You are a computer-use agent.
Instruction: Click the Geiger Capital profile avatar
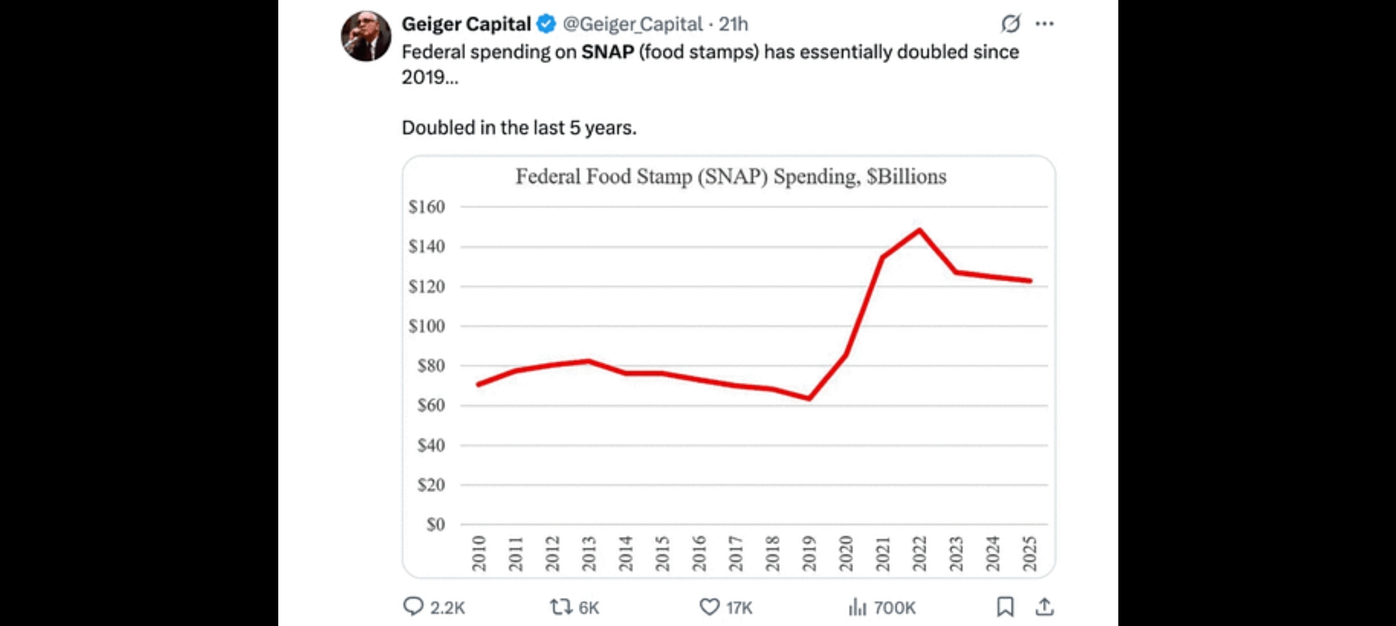coord(366,36)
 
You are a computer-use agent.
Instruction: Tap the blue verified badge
coord(546,24)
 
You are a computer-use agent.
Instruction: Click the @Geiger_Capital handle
coord(632,24)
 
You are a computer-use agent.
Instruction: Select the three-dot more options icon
coord(1044,24)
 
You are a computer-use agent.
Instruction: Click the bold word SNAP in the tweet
coord(608,52)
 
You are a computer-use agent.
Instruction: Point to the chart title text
coord(730,176)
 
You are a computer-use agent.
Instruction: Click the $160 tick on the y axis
coord(427,207)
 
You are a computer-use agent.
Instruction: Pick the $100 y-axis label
coord(427,326)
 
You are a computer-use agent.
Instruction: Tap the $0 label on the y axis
coord(435,525)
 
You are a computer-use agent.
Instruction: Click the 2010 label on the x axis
coord(479,553)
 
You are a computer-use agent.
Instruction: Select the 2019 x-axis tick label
coord(809,553)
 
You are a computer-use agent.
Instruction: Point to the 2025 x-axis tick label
coord(1030,553)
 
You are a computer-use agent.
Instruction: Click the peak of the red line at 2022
coord(919,230)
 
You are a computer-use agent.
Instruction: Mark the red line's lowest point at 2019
coord(809,398)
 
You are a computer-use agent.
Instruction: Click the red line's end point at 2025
coord(1030,281)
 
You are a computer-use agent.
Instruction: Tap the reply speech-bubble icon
coord(413,607)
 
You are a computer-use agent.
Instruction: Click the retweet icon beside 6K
coord(561,607)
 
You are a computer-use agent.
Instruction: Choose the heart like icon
coord(709,607)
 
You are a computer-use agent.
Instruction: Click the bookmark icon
coord(1005,607)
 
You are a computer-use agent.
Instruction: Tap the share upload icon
coord(1044,607)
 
